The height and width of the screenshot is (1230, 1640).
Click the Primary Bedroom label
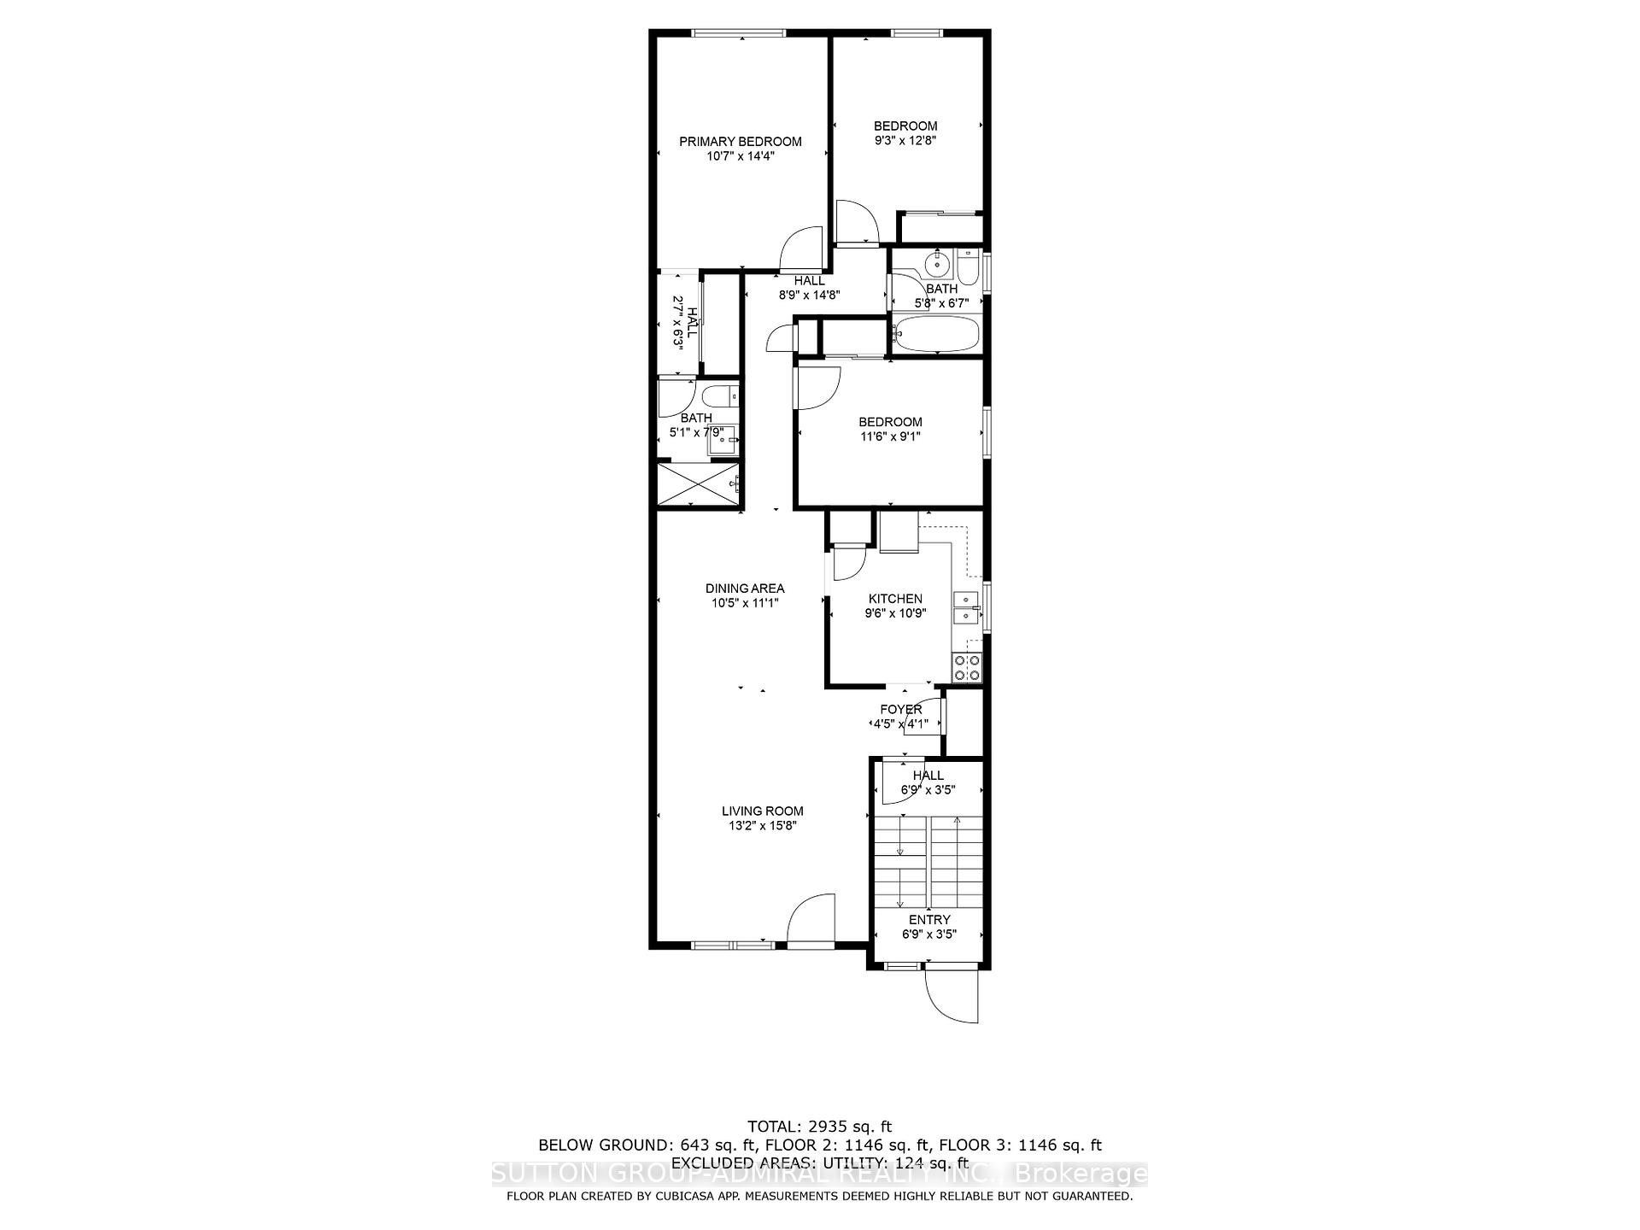(x=740, y=142)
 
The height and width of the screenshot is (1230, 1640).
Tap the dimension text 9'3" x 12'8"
(x=905, y=141)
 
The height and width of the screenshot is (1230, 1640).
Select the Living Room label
(x=762, y=811)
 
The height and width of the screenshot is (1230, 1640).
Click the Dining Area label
(x=744, y=589)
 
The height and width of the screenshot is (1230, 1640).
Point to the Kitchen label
(x=894, y=599)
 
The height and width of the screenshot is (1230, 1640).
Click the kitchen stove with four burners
(x=967, y=668)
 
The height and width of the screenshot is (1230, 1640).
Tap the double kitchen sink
(x=965, y=606)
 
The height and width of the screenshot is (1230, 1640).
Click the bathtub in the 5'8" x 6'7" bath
(x=936, y=334)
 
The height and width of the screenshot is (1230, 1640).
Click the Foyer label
(x=900, y=710)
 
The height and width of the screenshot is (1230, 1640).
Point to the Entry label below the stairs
(x=928, y=920)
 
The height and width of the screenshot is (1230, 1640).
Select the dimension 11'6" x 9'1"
(x=890, y=436)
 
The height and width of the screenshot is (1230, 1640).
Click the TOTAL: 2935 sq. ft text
(x=819, y=1127)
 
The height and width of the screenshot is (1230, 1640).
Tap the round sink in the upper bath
(x=938, y=264)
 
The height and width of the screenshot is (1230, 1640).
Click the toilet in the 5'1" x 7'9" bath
(x=720, y=396)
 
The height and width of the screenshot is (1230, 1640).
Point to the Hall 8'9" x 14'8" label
(x=809, y=288)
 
